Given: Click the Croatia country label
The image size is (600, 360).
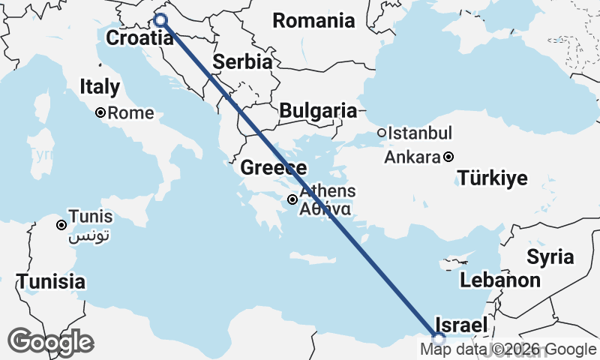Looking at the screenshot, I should [136, 38].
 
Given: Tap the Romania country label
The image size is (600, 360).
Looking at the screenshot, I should [313, 21].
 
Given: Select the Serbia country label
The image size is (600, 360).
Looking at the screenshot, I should [242, 62].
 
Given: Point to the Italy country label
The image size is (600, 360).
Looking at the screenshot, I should [100, 87].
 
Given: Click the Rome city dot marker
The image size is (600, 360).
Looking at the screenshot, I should [100, 113].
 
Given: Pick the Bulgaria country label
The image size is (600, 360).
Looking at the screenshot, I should [318, 111].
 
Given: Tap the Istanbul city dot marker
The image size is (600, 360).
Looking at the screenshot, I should [382, 133].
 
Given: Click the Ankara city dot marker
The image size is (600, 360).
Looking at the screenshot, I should [448, 157].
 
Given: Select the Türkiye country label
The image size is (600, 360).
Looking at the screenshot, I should [493, 178].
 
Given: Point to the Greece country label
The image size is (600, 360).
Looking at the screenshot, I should [273, 168].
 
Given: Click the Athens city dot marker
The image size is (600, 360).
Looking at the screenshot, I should [292, 199].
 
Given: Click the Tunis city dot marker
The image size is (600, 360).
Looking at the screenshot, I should [61, 224].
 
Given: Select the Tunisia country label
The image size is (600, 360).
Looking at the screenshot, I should [50, 282].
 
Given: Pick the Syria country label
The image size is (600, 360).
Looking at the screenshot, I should [550, 257].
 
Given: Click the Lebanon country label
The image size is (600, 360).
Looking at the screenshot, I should [500, 280].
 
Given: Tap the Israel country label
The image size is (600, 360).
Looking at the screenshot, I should [460, 325].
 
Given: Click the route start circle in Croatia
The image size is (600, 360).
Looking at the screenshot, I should [160, 19].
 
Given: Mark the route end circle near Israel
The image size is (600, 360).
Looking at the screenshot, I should [439, 337].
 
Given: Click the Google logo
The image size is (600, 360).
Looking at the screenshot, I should [50, 342].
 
